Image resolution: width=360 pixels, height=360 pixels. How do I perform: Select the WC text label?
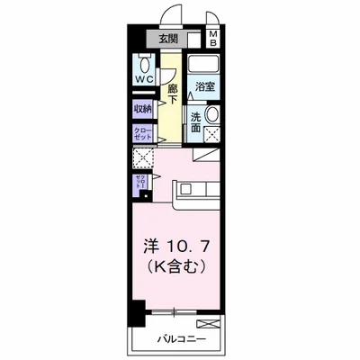pos(145,79)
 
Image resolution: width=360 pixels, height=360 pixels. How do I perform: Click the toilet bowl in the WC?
pos(145,65)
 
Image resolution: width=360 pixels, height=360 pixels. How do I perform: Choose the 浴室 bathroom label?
pos(203,87)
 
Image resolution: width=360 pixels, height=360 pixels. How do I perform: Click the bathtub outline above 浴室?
pos(203,66)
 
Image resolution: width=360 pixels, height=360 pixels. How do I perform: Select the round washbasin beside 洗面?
pos(213,116)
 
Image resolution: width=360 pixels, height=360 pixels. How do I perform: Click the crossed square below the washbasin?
pos(214,136)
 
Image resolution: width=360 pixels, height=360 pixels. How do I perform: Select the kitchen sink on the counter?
pos(185,189)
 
